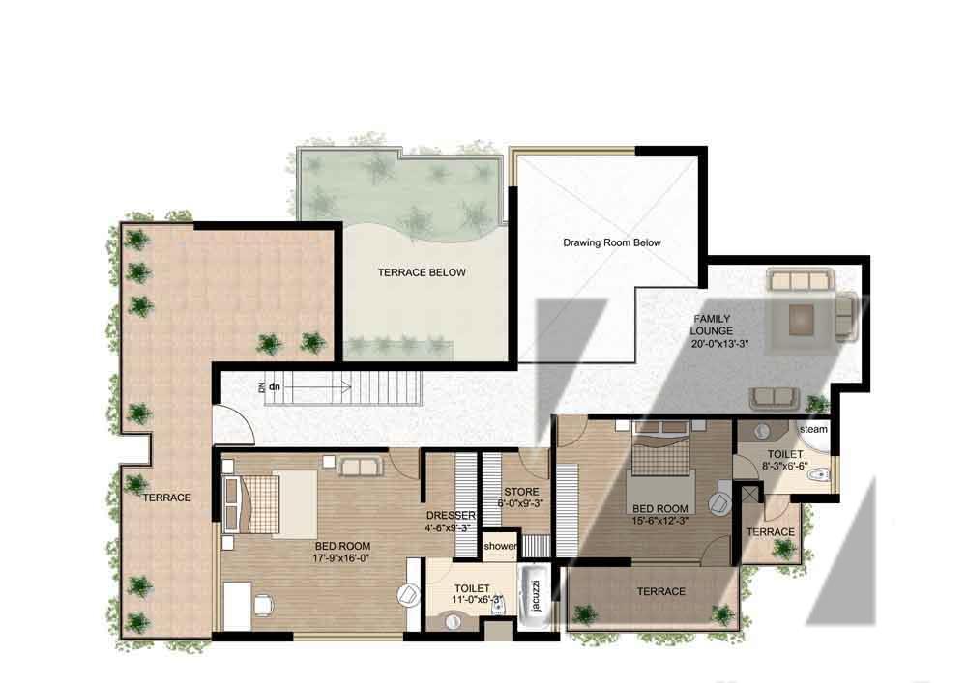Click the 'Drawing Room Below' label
612,242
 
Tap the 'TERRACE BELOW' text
422,272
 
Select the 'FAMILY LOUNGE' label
712,325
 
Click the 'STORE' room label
521,492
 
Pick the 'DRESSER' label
451,515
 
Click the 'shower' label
500,546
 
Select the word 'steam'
813,429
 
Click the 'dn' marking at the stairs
275,386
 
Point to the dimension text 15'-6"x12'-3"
659,521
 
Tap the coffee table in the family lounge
802,319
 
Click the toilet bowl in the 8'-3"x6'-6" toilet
820,475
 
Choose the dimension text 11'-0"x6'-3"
478,599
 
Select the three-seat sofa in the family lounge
800,280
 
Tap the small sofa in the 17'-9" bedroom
360,467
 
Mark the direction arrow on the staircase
317,387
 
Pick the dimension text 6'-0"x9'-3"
521,503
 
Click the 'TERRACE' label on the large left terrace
167,498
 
